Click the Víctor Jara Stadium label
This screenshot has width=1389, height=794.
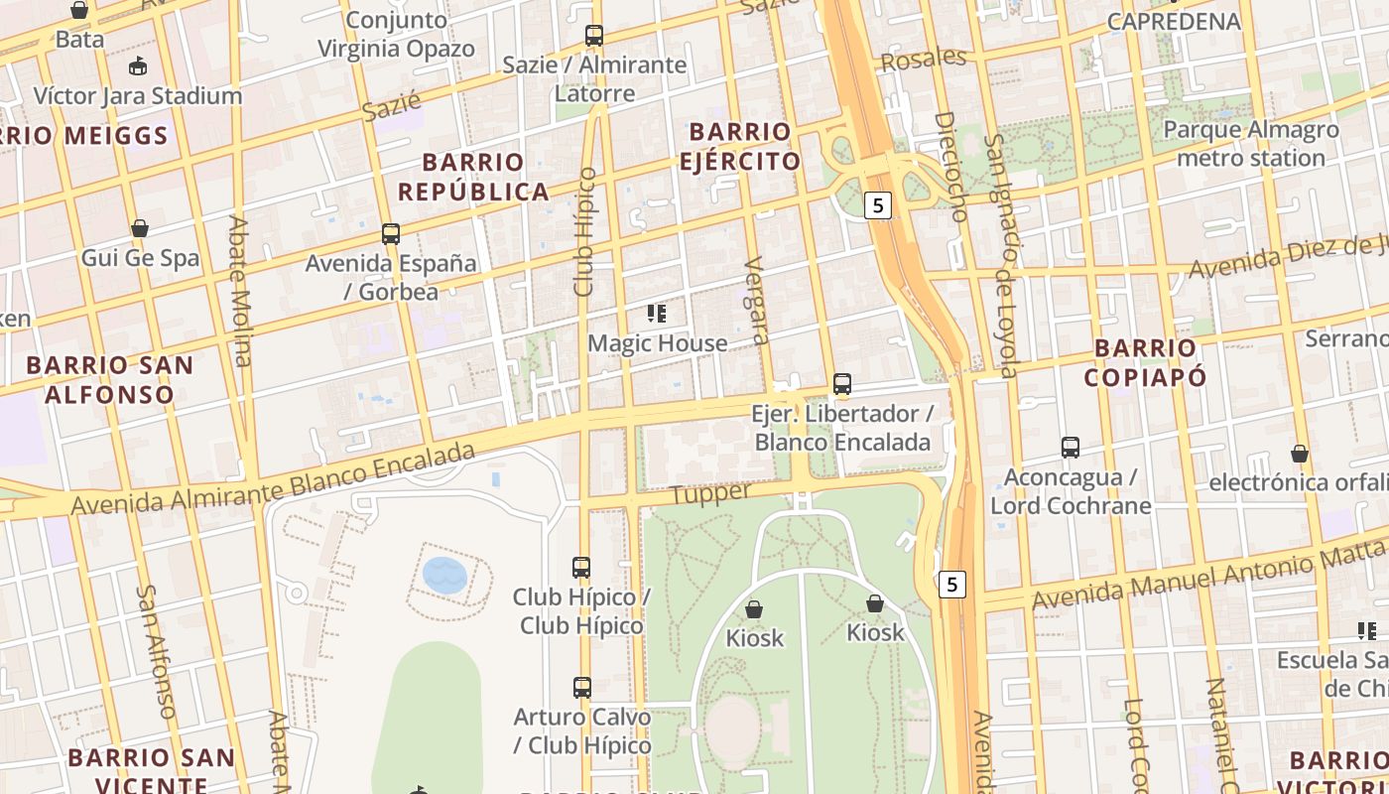[138, 96]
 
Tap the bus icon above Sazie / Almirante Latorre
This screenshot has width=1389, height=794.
[593, 36]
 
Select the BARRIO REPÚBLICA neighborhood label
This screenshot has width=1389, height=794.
[486, 177]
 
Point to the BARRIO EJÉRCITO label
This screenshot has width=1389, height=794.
[740, 146]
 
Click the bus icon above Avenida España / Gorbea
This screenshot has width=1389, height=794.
[391, 234]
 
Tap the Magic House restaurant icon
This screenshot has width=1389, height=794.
[657, 314]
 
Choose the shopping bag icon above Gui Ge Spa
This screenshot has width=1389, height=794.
[140, 228]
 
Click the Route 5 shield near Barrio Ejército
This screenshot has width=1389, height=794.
[878, 205]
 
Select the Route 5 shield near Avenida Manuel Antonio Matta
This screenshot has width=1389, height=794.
[952, 585]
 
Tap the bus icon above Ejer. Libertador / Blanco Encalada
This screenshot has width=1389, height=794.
[842, 383]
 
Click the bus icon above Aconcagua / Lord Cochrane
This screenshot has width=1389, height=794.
[1071, 448]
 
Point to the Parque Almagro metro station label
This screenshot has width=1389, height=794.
[1250, 144]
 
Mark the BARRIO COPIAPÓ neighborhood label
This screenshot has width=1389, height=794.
[1146, 362]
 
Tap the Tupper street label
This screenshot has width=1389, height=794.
[710, 493]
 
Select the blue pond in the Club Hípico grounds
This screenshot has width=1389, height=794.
[444, 575]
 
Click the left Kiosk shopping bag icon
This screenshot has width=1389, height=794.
[754, 608]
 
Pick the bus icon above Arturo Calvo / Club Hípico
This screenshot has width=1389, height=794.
[582, 687]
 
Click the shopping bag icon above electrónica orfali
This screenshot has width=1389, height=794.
[1299, 454]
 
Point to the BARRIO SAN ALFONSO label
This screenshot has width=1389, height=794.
[109, 379]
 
